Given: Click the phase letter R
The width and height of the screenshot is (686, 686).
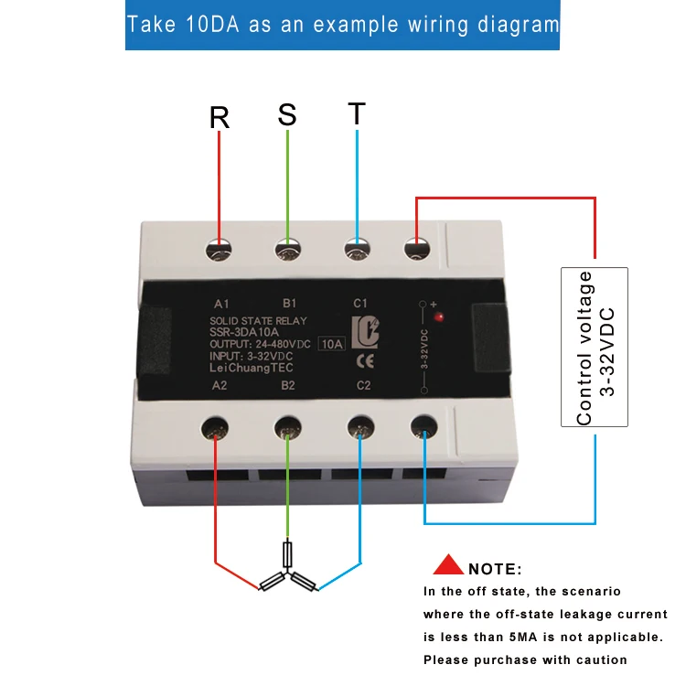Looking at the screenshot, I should pos(220,118).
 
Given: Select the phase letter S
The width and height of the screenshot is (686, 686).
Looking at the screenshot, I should pos(287,115).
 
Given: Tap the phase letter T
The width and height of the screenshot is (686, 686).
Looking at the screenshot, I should pos(357,114).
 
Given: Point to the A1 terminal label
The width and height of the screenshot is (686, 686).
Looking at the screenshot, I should pos(220,303).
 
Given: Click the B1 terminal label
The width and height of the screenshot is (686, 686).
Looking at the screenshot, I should pos(289,303).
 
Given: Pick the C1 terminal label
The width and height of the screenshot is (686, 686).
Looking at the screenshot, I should pos(359,303).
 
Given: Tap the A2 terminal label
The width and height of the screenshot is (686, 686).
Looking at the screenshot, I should pos(220,386).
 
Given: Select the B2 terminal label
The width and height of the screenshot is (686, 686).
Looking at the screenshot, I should pos(288,386).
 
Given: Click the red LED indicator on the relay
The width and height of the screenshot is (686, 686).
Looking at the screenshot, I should pos(441,316).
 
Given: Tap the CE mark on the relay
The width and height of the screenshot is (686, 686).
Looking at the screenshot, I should pos(362,359).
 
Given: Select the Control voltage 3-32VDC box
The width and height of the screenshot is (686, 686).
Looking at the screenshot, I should pos(595,347).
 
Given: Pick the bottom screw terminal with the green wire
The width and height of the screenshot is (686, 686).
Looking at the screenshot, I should pos(287,427).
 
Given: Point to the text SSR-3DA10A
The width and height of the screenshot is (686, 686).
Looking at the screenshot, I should pos(244,332).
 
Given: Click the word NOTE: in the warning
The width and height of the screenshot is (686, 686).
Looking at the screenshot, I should pos(495,569).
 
